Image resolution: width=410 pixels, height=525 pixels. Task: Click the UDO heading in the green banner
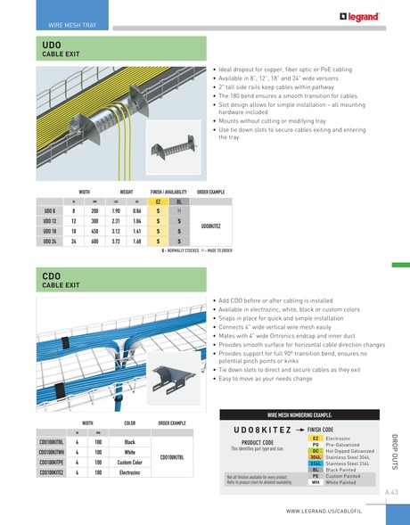(52, 45)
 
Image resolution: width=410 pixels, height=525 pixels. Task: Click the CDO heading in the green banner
(52, 279)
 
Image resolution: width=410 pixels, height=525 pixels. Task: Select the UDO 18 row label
(50, 229)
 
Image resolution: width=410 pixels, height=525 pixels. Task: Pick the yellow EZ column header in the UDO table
(158, 202)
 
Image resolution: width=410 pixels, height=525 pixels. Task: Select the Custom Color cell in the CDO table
(129, 463)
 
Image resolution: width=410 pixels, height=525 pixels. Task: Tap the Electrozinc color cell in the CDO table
(129, 472)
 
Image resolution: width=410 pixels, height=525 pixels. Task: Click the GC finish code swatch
(316, 452)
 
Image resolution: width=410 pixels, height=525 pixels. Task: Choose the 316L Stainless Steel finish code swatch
(316, 464)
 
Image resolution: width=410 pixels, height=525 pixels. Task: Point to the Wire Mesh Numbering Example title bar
(300, 415)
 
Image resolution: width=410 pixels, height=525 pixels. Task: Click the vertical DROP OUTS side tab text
(393, 450)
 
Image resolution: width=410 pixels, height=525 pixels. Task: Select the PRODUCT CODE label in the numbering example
(258, 442)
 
